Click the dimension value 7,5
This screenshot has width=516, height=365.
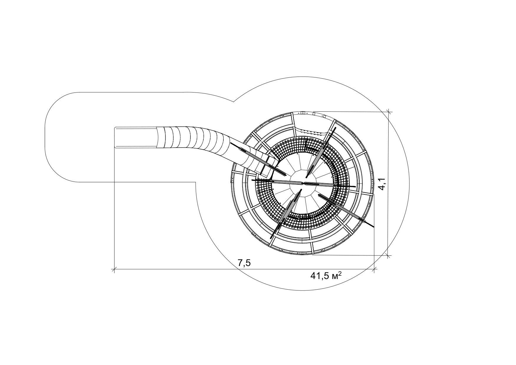pos(244,263)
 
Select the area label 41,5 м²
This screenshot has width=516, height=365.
pos(326,276)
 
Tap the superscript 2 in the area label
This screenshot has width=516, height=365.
pos(340,273)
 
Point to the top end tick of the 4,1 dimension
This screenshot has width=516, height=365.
pos(389,112)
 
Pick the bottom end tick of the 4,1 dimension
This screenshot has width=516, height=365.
pos(389,255)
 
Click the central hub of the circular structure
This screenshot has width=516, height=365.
pos(303,183)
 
